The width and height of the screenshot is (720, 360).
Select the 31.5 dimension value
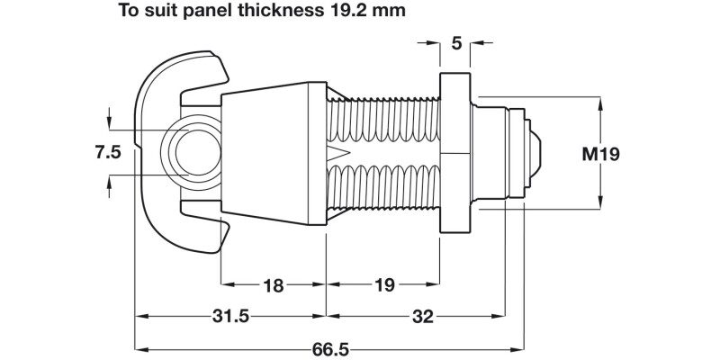(x=230, y=317)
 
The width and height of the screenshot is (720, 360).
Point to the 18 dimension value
(x=273, y=286)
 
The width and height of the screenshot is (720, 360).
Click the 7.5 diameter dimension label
(x=108, y=152)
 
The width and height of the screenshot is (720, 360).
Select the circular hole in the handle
(x=195, y=148)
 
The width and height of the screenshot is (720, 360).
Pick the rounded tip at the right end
(x=537, y=154)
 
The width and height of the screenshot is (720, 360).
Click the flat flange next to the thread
(x=454, y=153)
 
